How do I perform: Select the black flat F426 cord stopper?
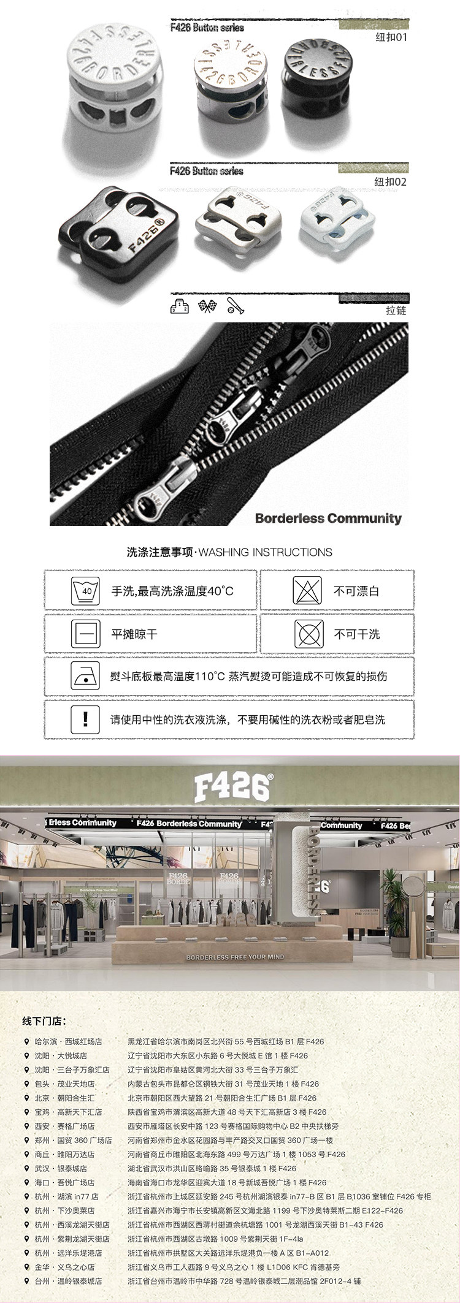tap(117, 229)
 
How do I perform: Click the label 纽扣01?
tap(391, 37)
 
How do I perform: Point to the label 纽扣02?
tap(391, 182)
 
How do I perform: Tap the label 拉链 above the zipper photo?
tap(396, 310)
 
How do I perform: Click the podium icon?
tap(178, 306)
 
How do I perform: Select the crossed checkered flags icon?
tap(208, 306)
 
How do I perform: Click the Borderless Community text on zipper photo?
tap(328, 519)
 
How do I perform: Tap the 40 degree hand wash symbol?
tap(86, 591)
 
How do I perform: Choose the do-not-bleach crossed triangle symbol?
tap(307, 591)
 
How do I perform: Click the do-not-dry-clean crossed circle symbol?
tap(307, 634)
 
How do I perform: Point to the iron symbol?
tap(86, 677)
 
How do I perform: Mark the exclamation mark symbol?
tap(86, 719)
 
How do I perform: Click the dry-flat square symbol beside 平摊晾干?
tap(86, 634)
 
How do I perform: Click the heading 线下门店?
tap(44, 1021)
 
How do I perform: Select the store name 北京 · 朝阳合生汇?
tap(64, 1098)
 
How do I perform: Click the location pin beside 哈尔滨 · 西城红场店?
tap(26, 1041)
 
